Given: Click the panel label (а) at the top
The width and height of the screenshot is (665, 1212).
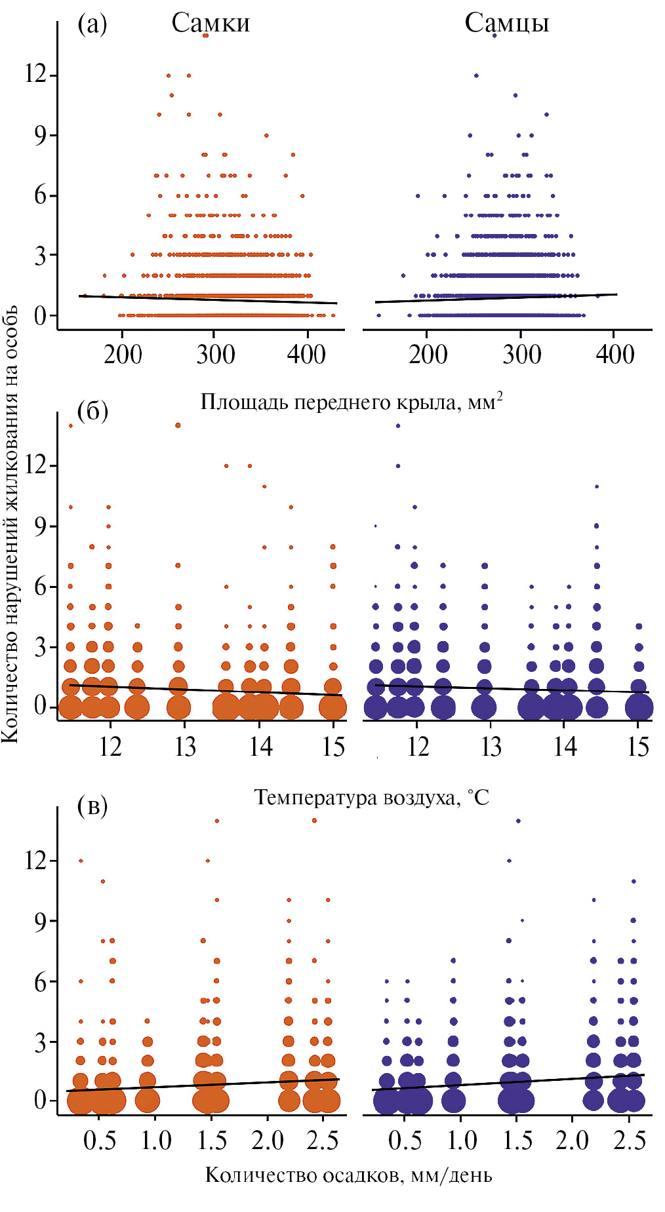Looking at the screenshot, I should point(92,24).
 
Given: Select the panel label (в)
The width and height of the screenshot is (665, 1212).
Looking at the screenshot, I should point(92,806).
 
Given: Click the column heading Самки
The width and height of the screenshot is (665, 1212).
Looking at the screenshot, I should point(211,24).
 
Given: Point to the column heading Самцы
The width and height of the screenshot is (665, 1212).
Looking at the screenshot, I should point(506,24).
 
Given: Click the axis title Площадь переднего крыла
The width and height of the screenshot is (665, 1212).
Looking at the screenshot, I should point(352,401).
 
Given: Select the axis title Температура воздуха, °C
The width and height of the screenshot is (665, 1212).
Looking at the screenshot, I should point(371,797).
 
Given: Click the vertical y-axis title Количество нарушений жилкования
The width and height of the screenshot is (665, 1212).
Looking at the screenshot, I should point(10,524).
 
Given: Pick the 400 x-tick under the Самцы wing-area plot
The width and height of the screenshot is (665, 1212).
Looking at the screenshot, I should point(615,355).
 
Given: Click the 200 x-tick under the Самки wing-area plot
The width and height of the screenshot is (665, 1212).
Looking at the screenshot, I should point(123,355).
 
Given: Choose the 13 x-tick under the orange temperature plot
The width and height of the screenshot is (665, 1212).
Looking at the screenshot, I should point(185,747).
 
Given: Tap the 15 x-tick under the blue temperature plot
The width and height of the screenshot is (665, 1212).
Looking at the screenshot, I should point(638,747).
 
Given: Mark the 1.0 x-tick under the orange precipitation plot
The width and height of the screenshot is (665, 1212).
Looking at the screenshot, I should point(155,1141).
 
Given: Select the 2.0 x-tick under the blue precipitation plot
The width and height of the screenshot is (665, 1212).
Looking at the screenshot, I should point(572,1141).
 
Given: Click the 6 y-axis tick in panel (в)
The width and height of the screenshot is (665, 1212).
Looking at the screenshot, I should point(41,981).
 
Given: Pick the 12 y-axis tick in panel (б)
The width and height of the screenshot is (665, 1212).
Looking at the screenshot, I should point(36,465).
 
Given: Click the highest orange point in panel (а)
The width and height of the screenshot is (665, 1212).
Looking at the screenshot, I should point(205,35).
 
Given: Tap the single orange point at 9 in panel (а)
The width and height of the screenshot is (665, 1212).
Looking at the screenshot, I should point(266,136).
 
